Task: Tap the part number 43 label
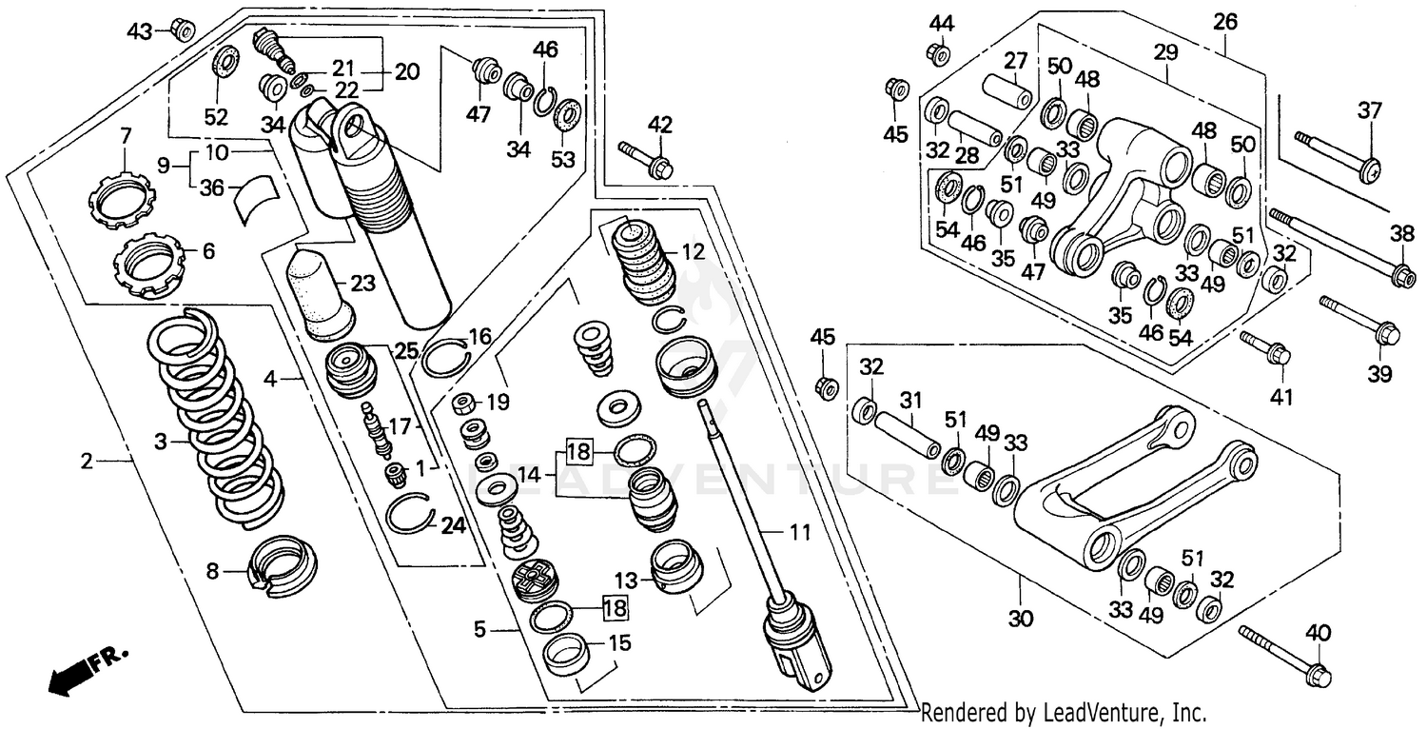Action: (140, 31)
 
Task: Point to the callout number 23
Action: (362, 284)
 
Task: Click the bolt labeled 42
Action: (646, 159)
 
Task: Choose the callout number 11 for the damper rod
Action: (800, 532)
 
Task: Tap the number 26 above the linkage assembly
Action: (1225, 21)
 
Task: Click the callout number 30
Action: (1020, 619)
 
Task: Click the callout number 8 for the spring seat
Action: (212, 572)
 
